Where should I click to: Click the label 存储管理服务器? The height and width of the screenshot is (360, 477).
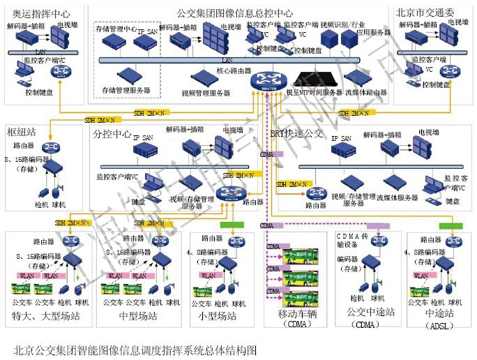tap(126, 90)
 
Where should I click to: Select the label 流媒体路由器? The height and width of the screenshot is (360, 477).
tap(366, 92)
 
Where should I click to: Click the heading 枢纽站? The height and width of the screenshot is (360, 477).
tap(22, 133)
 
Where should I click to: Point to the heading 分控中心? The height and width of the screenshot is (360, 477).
tap(112, 133)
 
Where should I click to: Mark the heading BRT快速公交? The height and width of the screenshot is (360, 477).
tap(296, 133)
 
